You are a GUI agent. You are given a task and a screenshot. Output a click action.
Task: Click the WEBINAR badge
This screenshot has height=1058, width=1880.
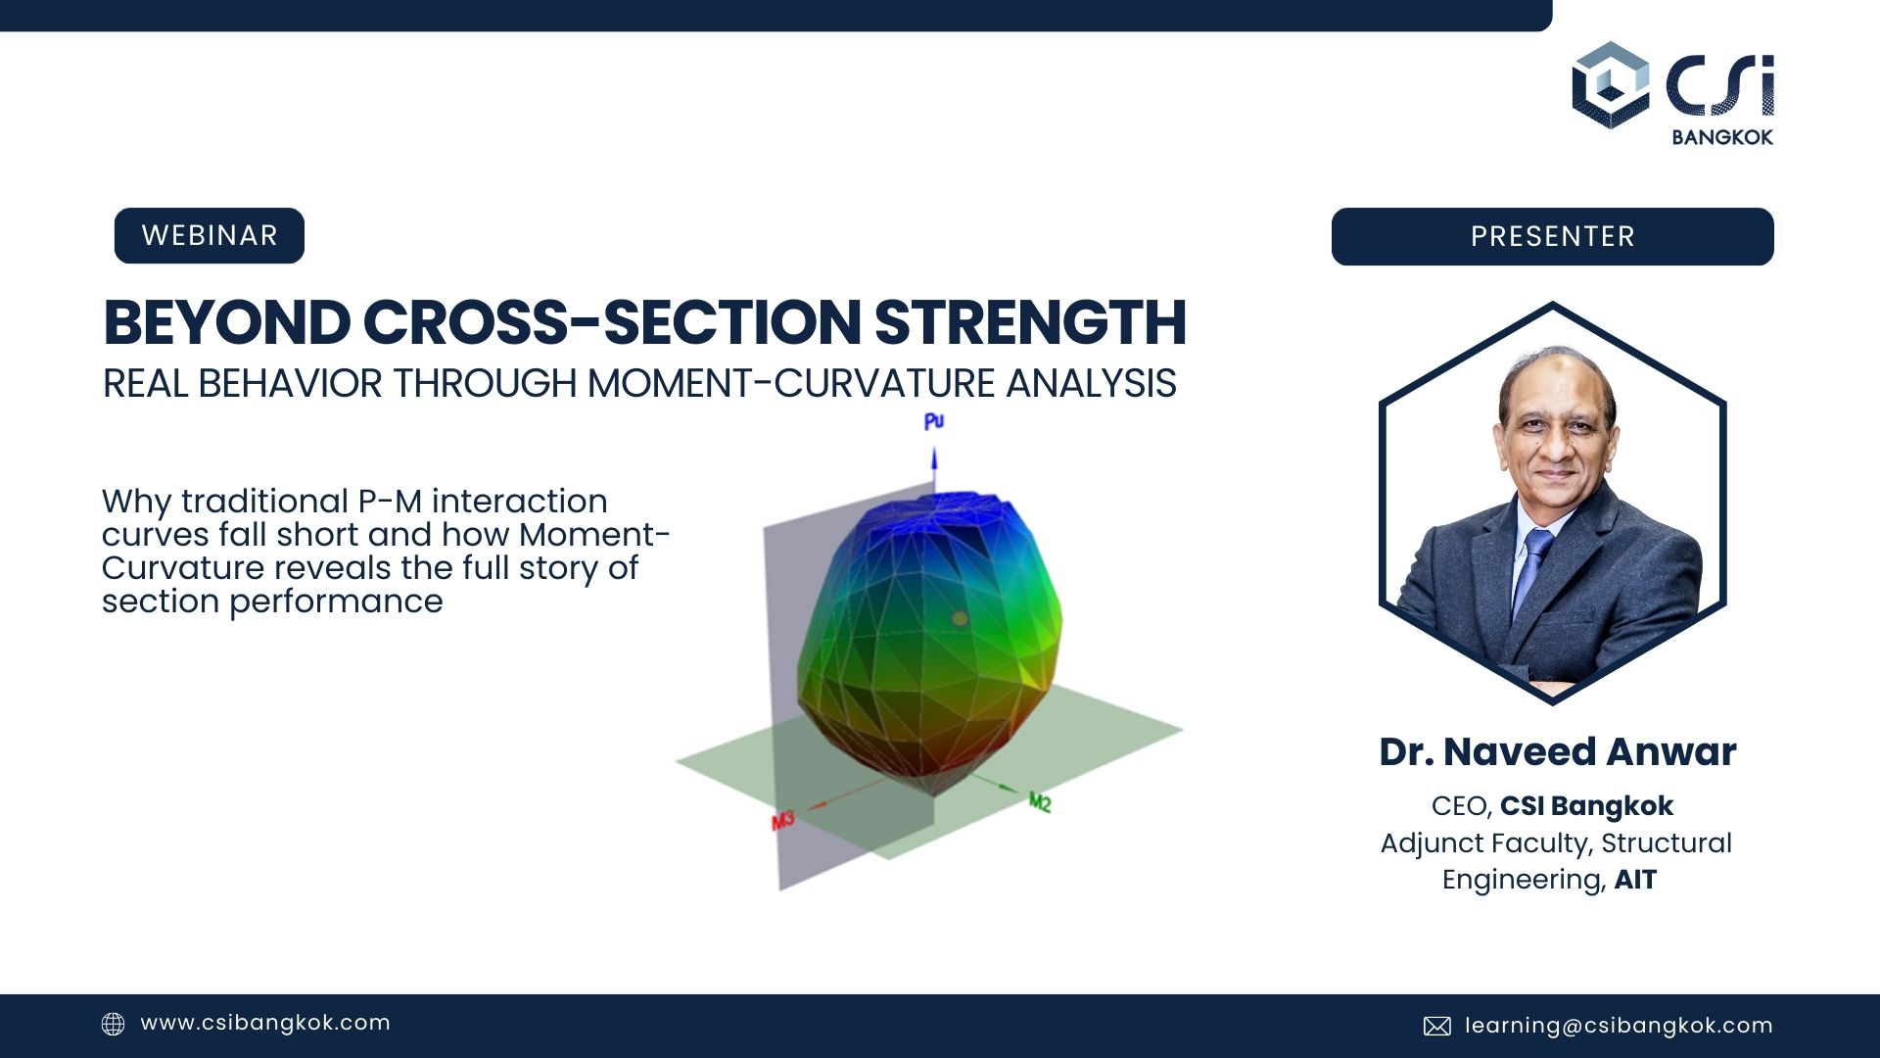(x=209, y=236)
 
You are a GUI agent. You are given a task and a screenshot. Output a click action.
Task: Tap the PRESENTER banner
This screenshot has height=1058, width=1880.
(x=1552, y=237)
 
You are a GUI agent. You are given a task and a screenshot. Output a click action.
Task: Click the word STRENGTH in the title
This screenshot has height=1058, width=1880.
(x=1030, y=323)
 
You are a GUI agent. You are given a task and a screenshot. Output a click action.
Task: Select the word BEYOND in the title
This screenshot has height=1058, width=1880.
(x=226, y=323)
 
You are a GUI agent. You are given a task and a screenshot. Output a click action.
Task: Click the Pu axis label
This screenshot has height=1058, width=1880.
(x=933, y=421)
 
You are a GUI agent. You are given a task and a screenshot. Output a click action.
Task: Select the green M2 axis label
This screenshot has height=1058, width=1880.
(x=1039, y=802)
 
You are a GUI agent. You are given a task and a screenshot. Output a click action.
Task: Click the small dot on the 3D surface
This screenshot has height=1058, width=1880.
(x=960, y=618)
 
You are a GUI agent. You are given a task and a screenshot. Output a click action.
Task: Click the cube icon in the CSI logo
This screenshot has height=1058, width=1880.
(x=1611, y=85)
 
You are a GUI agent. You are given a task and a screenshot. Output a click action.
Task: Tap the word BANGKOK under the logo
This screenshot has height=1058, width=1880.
(x=1722, y=138)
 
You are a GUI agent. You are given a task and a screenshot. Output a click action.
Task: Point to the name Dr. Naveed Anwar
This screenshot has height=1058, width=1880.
(x=1557, y=752)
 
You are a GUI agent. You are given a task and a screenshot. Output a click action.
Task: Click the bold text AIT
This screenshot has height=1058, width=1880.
(x=1635, y=880)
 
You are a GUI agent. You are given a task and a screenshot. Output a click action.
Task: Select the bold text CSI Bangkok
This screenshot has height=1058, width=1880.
(x=1586, y=806)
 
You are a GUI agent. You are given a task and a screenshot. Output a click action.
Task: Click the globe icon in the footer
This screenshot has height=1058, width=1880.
(x=114, y=1025)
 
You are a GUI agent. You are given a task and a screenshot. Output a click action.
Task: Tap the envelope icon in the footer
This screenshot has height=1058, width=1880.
(x=1436, y=1026)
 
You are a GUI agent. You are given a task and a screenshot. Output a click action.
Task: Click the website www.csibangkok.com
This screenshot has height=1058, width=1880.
(x=265, y=1024)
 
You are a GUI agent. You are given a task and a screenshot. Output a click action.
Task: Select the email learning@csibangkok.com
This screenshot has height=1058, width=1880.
(x=1619, y=1026)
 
